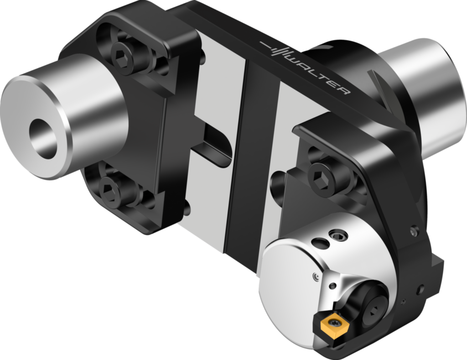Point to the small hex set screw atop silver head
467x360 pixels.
tap(338, 235)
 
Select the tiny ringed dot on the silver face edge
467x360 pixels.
tap(315, 276)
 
